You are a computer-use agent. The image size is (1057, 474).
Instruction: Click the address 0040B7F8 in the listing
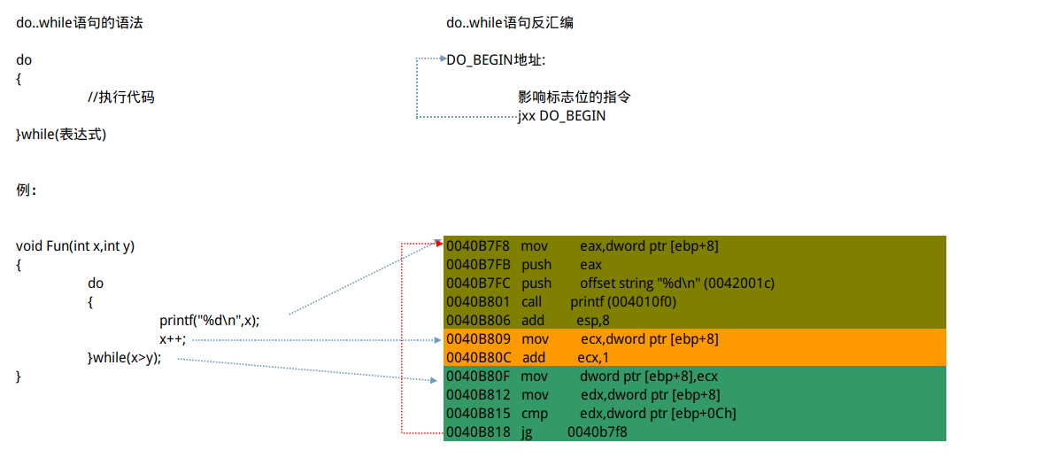coord(477,245)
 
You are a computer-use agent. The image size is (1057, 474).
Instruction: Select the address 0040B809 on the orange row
coord(478,339)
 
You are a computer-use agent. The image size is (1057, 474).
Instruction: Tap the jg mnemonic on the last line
coord(527,432)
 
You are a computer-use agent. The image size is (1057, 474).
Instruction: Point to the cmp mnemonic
coord(534,414)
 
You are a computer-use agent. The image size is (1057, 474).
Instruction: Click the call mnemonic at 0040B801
coord(531,302)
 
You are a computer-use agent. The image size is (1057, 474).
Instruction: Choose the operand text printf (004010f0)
coord(616,302)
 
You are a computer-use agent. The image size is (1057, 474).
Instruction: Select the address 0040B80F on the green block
coord(478,377)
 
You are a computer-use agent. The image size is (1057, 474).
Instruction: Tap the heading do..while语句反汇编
coord(509,23)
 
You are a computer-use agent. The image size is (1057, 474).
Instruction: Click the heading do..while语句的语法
coord(79,23)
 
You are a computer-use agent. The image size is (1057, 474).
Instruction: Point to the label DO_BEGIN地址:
coord(496,60)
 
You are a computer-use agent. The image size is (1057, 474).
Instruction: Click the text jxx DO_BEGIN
coord(562,116)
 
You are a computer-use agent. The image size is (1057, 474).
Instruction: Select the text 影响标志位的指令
coord(574,97)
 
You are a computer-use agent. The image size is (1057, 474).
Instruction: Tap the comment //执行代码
coord(120,97)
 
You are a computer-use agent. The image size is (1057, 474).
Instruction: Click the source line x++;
coord(173,339)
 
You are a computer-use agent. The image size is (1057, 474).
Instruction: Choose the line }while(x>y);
coord(124,358)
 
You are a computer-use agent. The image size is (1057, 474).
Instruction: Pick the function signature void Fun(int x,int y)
coord(75,246)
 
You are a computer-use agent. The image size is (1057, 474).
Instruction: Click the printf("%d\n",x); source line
coord(209,321)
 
